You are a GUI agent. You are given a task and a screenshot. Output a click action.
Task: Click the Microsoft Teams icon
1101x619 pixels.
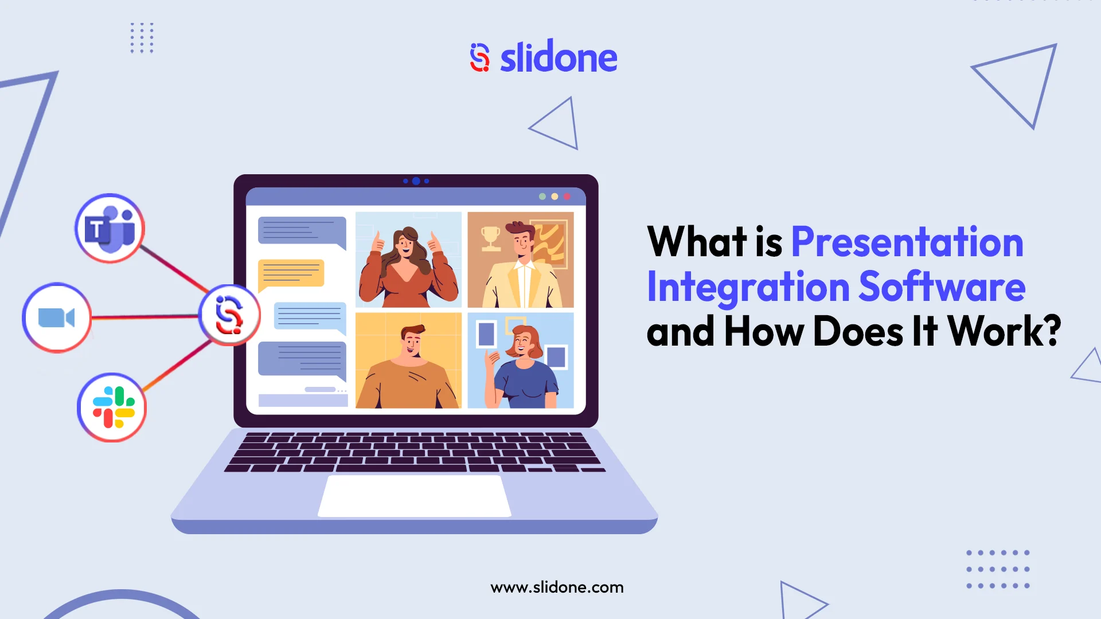click(x=110, y=228)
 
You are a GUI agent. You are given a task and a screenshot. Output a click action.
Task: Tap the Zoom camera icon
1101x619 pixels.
click(x=56, y=318)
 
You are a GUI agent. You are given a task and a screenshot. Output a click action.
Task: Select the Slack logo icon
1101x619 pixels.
click(x=113, y=407)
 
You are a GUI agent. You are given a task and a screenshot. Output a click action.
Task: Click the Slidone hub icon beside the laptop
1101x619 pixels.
click(x=229, y=315)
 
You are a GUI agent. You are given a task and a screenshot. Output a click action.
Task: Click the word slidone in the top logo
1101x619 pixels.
click(x=558, y=58)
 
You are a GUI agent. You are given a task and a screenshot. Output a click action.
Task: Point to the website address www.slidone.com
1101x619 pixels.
click(x=557, y=587)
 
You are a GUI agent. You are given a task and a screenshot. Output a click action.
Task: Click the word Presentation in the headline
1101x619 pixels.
click(x=907, y=242)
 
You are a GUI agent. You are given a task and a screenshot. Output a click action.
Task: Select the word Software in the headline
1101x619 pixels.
click(x=942, y=287)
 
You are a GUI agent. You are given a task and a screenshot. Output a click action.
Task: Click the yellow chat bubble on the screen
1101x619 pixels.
click(x=291, y=273)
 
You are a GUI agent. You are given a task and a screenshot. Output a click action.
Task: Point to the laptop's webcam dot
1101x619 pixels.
click(x=416, y=181)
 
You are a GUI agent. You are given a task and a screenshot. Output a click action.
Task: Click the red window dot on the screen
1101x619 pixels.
click(x=567, y=197)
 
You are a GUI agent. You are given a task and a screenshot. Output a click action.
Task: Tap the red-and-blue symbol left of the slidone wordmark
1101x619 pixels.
click(x=479, y=58)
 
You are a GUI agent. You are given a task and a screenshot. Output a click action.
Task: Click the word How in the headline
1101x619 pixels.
click(x=764, y=332)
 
